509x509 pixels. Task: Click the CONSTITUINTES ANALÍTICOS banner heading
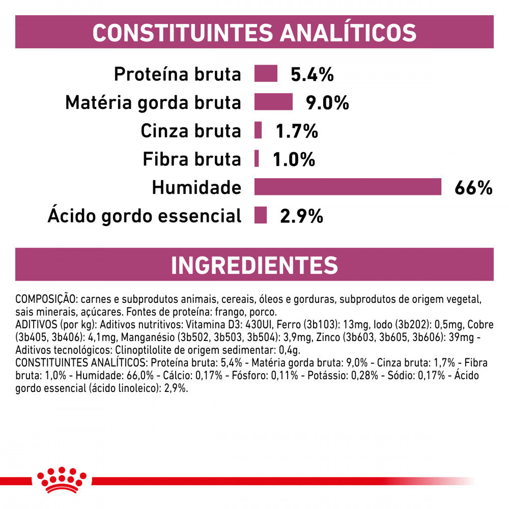(x=254, y=32)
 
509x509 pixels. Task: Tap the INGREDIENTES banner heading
(x=254, y=265)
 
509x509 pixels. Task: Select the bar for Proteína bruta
(x=266, y=74)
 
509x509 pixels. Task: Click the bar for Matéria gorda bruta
(x=273, y=102)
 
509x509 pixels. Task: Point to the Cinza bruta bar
(x=258, y=130)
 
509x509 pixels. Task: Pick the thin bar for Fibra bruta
(x=257, y=159)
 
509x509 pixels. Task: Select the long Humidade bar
(x=348, y=187)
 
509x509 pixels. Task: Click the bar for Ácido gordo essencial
(x=261, y=215)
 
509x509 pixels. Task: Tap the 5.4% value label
(x=312, y=75)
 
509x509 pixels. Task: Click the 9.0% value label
(x=327, y=103)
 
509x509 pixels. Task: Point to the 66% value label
(x=473, y=188)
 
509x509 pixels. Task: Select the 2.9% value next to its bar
(x=301, y=216)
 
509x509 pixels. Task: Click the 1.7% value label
(x=296, y=132)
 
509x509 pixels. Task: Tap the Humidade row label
(x=196, y=188)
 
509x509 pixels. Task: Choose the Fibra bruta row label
(x=191, y=160)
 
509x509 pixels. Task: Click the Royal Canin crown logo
(x=62, y=479)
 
